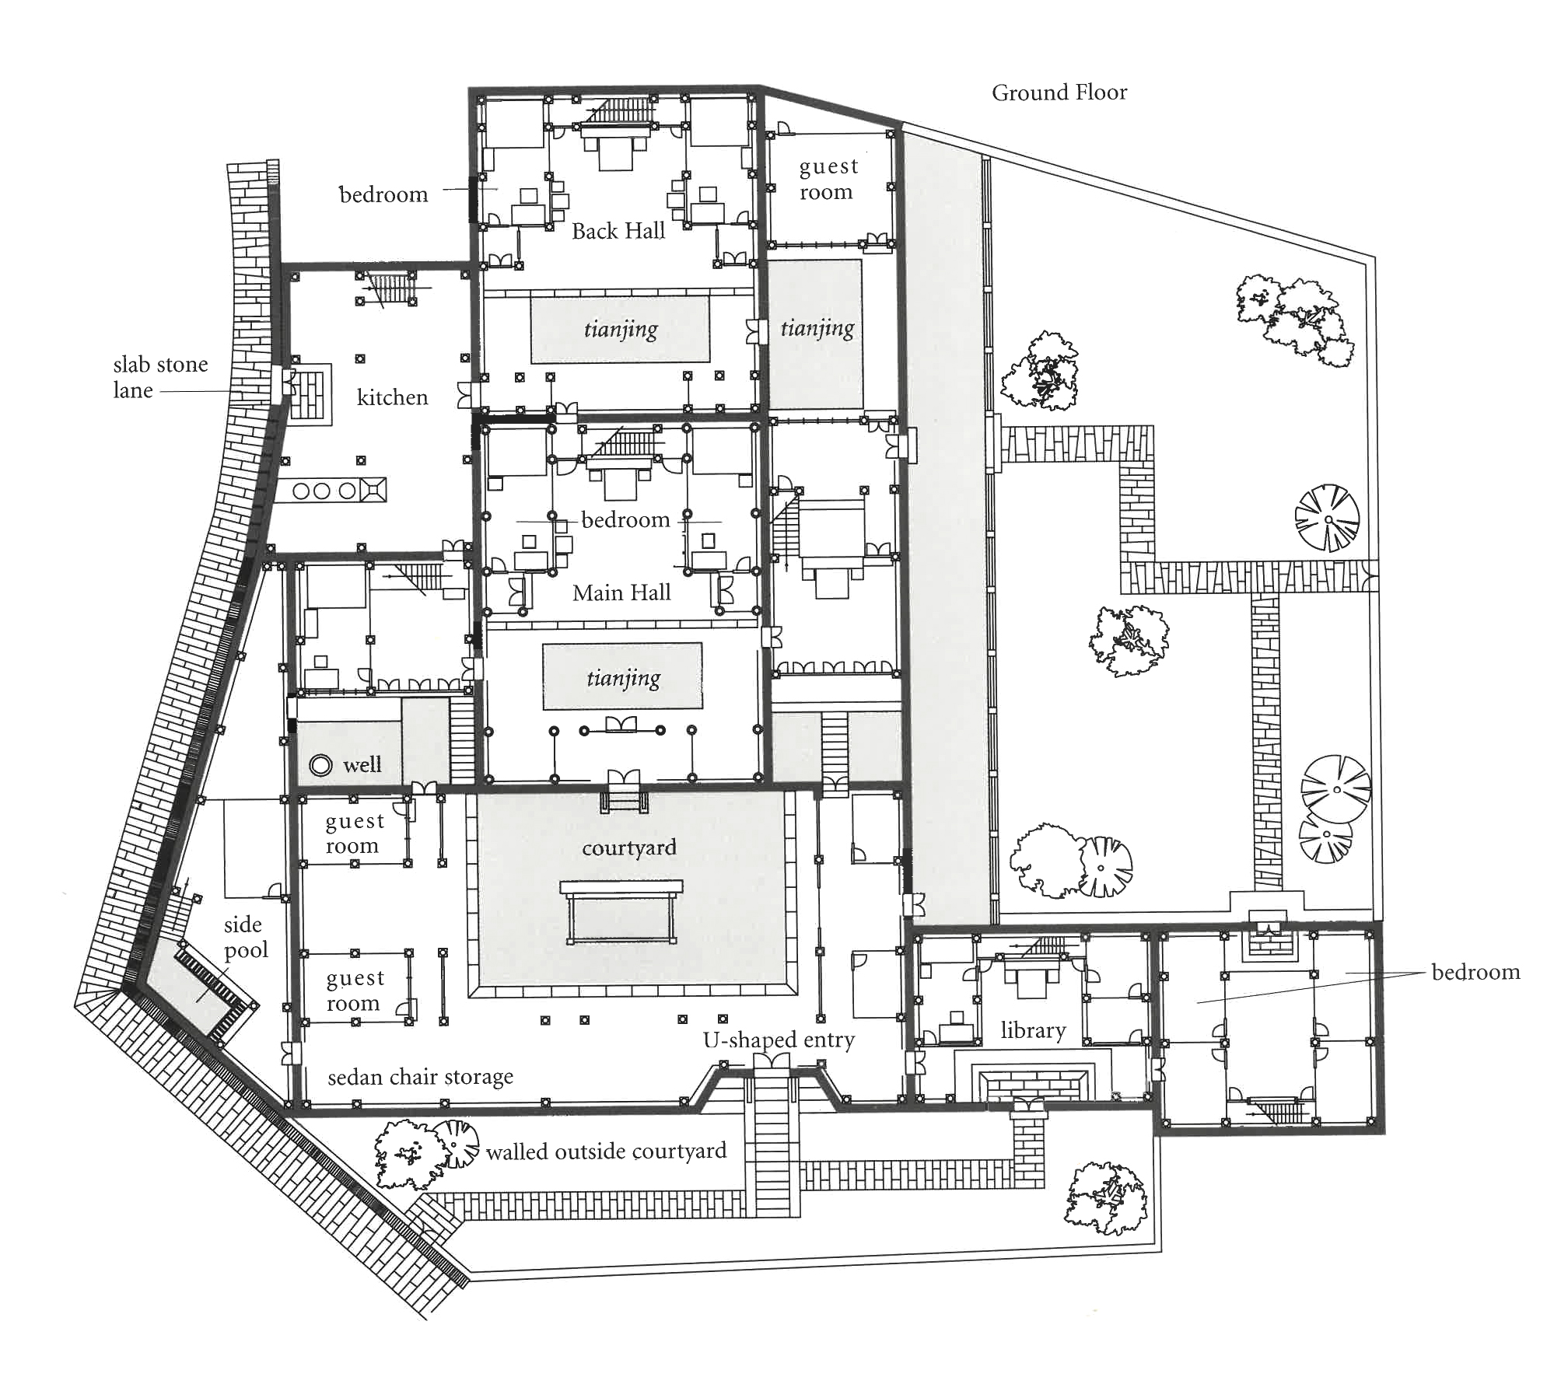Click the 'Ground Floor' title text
1059,93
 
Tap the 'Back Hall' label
618,231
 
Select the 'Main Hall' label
621,592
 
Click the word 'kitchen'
392,397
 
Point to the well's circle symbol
320,765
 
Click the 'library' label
1033,1030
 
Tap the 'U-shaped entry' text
779,1040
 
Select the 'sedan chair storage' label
421,1077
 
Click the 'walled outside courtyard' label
606,1151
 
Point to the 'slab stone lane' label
160,377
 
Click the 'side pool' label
246,937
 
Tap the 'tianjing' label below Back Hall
621,329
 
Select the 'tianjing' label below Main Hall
624,678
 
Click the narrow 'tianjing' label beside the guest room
817,328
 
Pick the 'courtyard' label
629,848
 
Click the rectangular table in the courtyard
621,912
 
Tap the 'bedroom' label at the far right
1475,972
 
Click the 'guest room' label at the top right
828,180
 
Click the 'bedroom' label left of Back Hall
383,194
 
